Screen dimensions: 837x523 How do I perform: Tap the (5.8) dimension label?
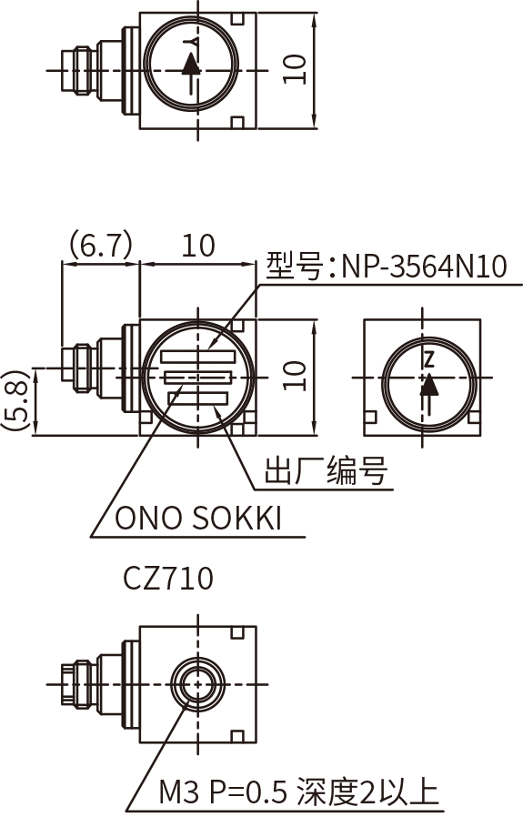pyautogui.click(x=13, y=400)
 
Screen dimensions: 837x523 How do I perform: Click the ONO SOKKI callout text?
pyautogui.click(x=198, y=519)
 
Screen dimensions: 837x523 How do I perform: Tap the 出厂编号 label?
pyautogui.click(x=326, y=472)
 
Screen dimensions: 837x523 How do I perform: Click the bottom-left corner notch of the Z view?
pyautogui.click(x=369, y=418)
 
